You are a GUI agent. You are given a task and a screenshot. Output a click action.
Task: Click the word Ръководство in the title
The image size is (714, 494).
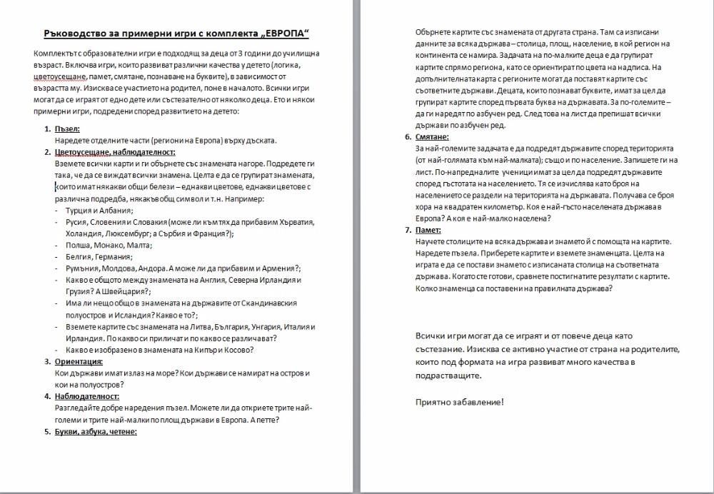75,34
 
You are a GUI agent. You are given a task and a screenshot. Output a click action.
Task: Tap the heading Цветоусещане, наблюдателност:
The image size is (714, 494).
115,152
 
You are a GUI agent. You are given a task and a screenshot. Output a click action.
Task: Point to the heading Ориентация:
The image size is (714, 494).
79,361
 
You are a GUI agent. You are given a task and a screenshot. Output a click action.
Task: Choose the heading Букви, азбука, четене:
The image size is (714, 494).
96,431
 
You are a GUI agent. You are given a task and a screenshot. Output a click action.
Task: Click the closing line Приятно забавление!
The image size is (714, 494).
460,402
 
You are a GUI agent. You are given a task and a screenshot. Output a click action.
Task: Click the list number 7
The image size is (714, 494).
407,230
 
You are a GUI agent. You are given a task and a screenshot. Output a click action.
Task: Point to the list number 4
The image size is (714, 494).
47,396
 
